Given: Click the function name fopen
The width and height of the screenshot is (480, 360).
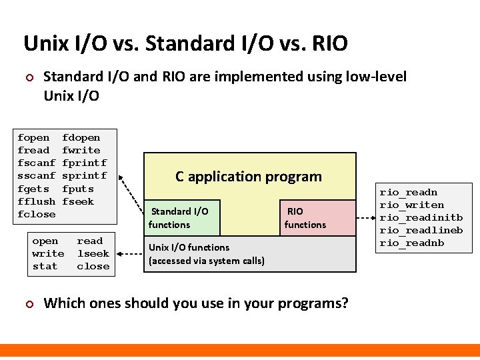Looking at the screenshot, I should [33, 138].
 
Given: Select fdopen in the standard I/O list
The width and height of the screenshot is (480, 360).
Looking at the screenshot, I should [81, 138].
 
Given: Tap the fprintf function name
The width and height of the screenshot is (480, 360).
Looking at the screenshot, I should [85, 163].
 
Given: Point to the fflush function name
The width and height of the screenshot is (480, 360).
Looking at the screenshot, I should [37, 201].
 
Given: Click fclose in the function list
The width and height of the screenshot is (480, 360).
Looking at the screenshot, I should [37, 214].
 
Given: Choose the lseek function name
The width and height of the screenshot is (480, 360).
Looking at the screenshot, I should [93, 253].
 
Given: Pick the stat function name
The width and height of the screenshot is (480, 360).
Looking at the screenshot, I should [45, 266].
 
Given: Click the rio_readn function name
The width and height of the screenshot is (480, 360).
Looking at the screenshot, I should [409, 192].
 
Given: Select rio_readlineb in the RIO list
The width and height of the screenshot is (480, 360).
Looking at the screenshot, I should [421, 230].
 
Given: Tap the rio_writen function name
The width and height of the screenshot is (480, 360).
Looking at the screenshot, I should [412, 205].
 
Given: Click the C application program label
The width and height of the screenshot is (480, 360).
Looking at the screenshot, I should [249, 177].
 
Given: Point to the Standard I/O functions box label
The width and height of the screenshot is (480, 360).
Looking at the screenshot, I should [179, 218].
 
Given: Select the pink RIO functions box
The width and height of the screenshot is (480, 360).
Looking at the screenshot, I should [305, 218].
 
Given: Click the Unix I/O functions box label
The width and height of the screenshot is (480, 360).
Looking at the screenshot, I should [207, 253].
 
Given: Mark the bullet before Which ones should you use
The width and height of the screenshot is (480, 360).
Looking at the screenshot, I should [29, 304].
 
